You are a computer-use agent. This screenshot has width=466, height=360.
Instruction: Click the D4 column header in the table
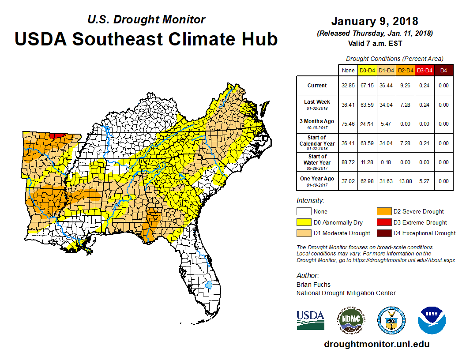tap(443, 70)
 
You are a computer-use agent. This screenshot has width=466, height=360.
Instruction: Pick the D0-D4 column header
tap(367, 70)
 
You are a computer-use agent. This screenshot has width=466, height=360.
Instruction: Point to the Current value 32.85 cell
tap(348, 86)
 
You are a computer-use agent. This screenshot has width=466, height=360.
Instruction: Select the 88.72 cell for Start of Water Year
tap(348, 162)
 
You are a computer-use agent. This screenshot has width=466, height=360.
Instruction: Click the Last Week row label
tap(317, 105)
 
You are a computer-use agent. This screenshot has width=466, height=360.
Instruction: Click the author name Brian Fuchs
tap(313, 285)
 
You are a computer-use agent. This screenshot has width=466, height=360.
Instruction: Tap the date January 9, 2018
tap(374, 21)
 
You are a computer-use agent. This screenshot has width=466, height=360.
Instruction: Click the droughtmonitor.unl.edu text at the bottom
tap(376, 344)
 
